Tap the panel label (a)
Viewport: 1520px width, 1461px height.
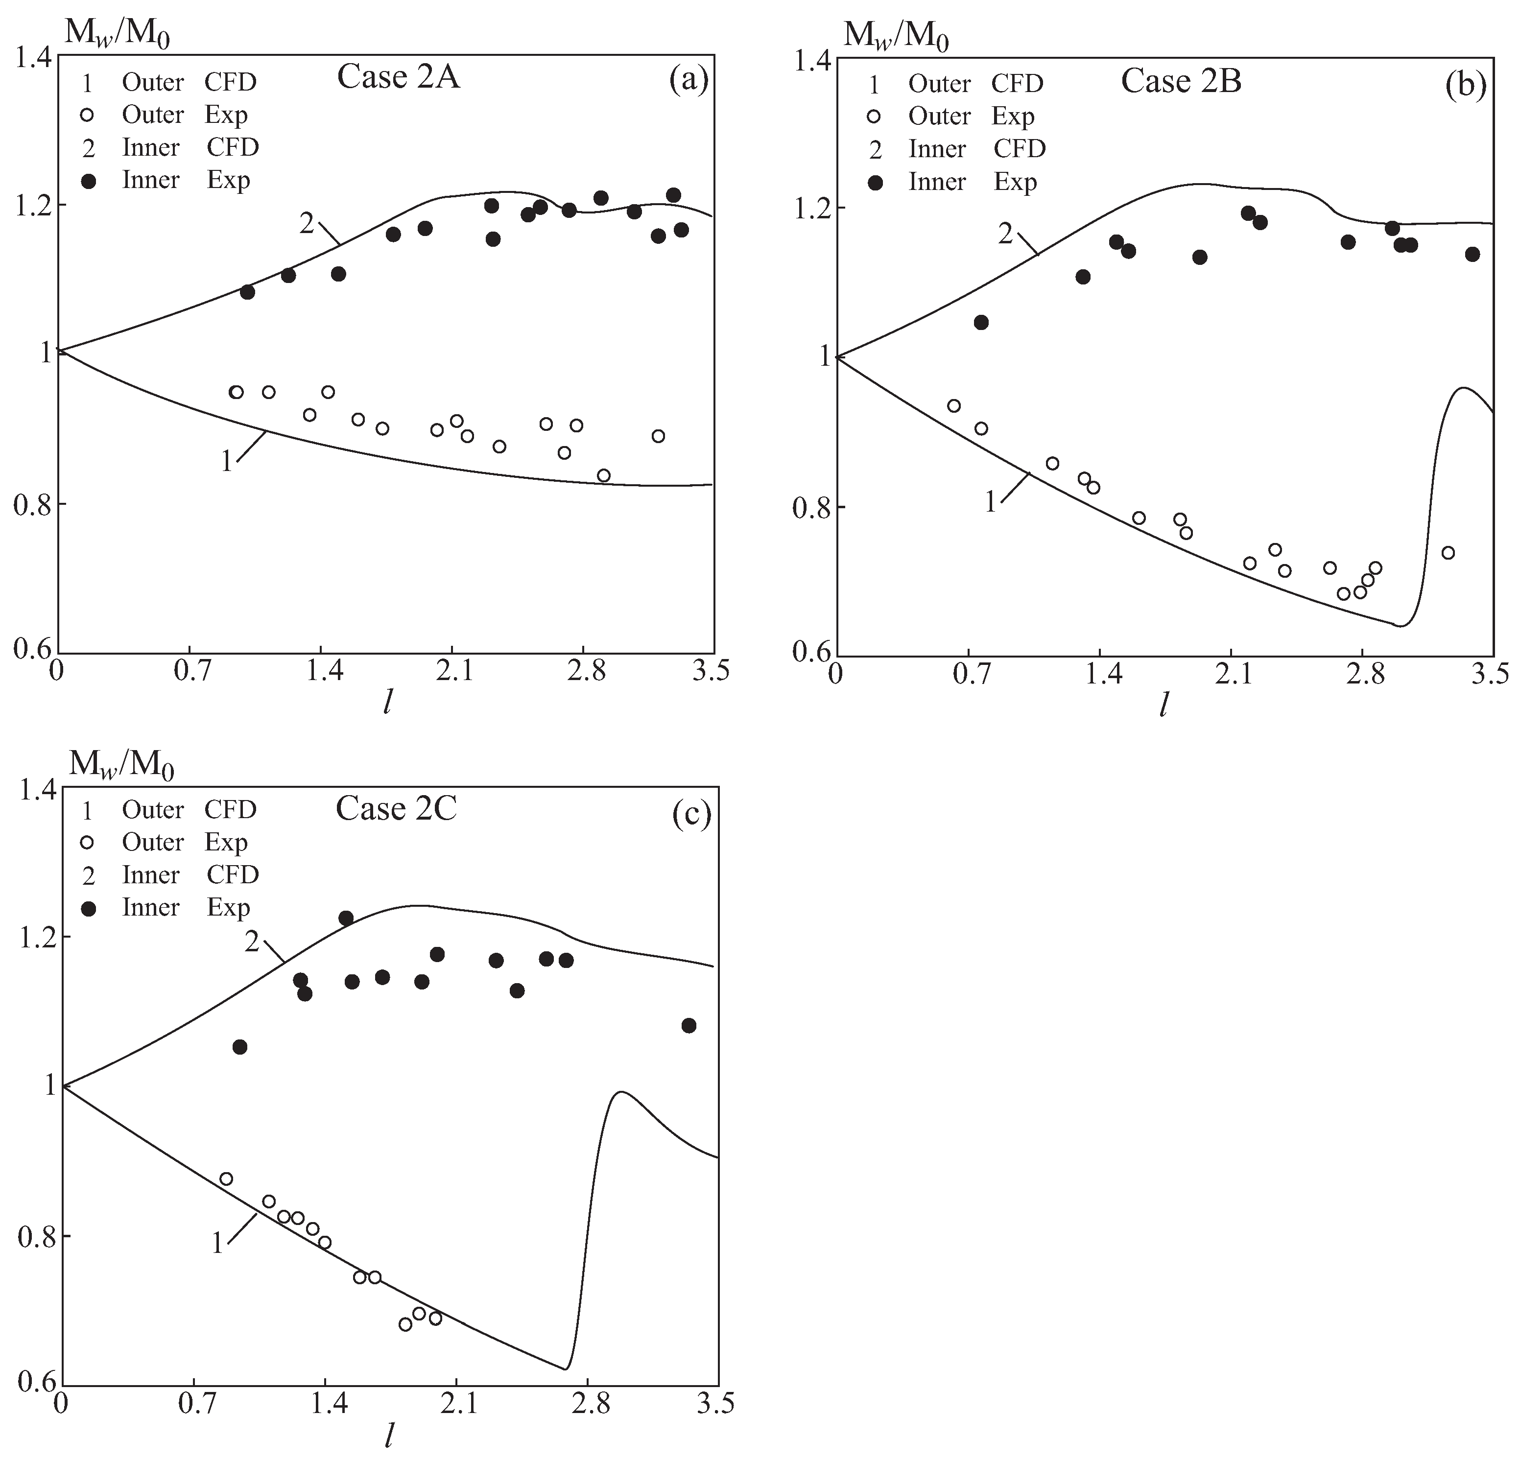(689, 79)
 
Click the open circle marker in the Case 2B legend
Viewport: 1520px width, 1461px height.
(875, 117)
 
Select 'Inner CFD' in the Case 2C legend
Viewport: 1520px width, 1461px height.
(190, 875)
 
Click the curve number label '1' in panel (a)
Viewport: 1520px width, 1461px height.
(226, 462)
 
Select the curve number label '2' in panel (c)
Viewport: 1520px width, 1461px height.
(252, 942)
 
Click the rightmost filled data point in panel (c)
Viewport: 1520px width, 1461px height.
(689, 1025)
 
